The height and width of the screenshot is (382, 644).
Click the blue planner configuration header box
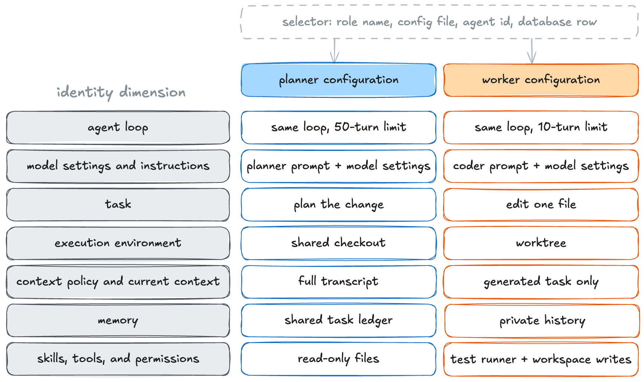[339, 80]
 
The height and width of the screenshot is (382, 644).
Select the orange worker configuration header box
[541, 80]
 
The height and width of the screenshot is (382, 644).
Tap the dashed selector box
[440, 22]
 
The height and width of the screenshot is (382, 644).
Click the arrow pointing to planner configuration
[335, 51]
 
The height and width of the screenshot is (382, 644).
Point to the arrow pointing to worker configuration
[532, 51]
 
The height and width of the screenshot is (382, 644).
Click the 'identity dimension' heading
[121, 92]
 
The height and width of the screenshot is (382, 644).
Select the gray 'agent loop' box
[118, 128]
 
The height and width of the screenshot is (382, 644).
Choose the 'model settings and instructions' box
[118, 166]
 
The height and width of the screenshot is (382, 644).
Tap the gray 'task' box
[118, 205]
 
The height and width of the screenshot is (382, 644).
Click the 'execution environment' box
[118, 243]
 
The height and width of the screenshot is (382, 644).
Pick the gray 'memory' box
[118, 320]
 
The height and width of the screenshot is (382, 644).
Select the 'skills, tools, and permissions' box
[118, 359]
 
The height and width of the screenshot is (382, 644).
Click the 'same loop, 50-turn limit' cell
[339, 128]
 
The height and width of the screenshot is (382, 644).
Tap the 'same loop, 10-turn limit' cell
[541, 128]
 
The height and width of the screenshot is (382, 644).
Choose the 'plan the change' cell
[339, 205]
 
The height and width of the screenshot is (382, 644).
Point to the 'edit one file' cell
[541, 205]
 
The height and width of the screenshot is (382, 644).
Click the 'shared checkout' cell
[339, 243]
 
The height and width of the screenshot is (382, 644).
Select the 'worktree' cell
[541, 243]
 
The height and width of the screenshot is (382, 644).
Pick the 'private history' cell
[541, 320]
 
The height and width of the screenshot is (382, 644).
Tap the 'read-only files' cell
[339, 359]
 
